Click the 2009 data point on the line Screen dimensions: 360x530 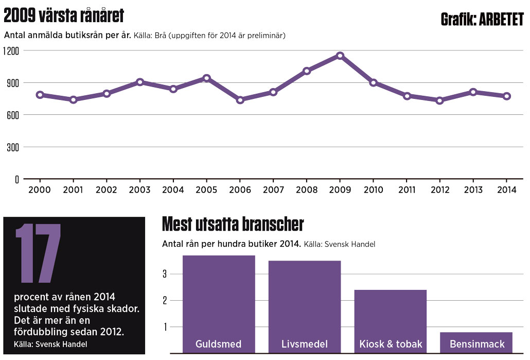tap(340, 56)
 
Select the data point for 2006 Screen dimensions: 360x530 tap(240, 100)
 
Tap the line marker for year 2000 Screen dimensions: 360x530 tap(40, 95)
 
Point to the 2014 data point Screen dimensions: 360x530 tap(506, 96)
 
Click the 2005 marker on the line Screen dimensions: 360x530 tap(206, 78)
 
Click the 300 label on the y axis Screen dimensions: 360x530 tap(13, 147)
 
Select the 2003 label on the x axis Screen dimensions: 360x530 tap(139, 190)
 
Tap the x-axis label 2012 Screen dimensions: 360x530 tap(439, 190)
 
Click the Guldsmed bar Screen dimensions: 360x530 tap(219, 299)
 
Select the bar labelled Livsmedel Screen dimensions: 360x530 tap(305, 301)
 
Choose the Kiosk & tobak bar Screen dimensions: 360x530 tap(391, 317)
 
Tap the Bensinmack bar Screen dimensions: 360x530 tap(476, 340)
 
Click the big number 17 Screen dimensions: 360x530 tap(39, 253)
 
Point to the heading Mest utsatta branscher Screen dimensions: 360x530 tap(233, 225)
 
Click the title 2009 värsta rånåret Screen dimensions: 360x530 tap(64, 16)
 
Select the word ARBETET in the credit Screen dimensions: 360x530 tap(501, 19)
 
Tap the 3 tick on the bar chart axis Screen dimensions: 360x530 tap(165, 274)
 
